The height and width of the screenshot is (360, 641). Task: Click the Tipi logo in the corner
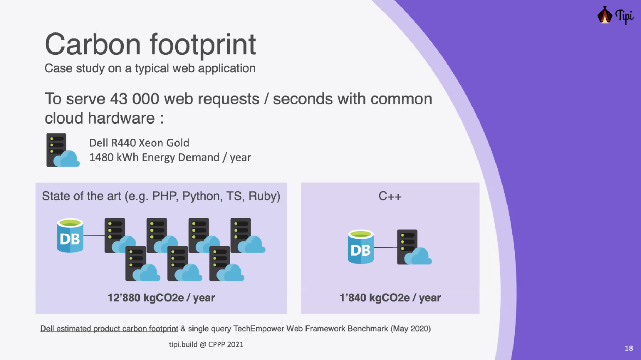[615, 16]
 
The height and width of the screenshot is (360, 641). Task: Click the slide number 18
[629, 348]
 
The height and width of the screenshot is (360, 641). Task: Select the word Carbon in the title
[93, 44]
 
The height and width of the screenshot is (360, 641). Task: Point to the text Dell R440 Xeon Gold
[139, 143]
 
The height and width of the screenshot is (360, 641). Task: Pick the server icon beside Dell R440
[62, 150]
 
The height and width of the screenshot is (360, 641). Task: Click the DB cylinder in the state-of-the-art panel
[70, 236]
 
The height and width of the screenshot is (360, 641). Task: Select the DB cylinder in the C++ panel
[361, 247]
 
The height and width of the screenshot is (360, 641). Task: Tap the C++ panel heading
[390, 196]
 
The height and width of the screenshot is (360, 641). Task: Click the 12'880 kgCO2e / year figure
[161, 298]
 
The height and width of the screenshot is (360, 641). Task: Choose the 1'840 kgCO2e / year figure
[390, 298]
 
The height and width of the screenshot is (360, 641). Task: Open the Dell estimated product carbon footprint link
[109, 329]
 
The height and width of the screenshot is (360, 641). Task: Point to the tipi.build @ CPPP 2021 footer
[206, 344]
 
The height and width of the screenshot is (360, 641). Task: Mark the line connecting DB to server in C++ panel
[385, 247]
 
